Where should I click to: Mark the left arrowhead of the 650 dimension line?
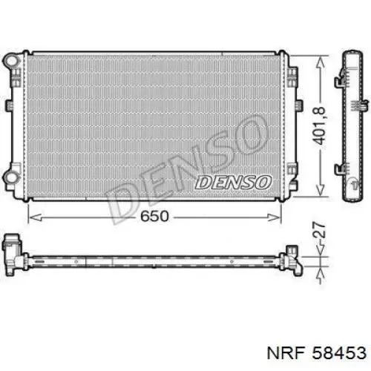tap(31, 217)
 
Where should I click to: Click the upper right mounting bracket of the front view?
tap(292, 74)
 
